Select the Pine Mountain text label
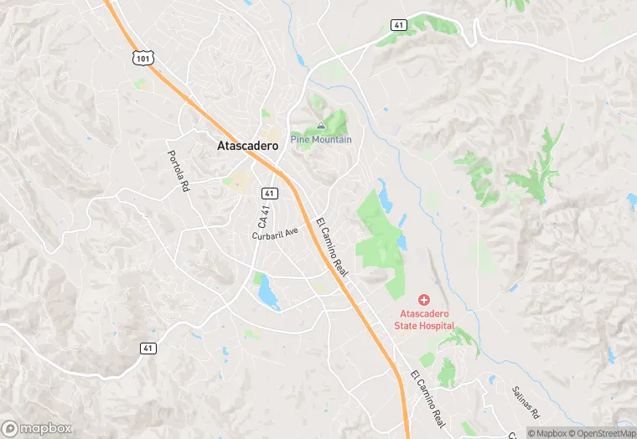coord(321,139)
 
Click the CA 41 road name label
coord(264,219)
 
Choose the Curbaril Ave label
coord(275,234)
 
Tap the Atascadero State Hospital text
coord(425,319)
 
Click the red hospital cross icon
coord(424,299)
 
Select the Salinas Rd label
coord(526,402)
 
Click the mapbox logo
coord(37,427)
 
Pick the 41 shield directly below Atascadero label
coord(270,194)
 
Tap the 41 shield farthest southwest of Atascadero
coord(148,347)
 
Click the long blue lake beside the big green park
coord(385,196)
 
